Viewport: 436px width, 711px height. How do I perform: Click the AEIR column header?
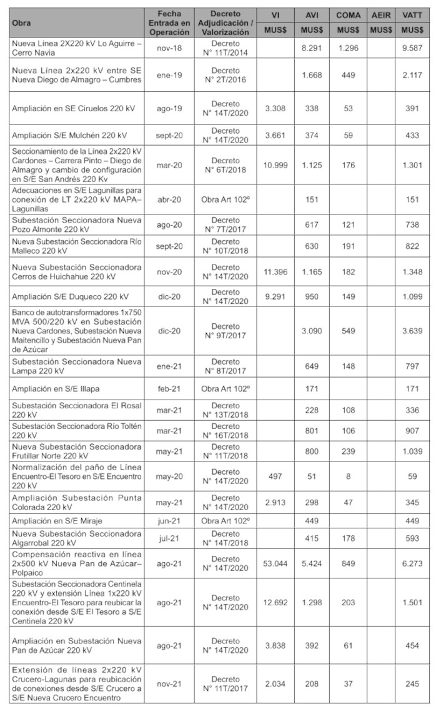click(x=380, y=15)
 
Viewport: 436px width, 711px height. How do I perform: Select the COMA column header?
click(x=347, y=15)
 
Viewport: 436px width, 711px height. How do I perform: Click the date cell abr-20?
click(x=169, y=199)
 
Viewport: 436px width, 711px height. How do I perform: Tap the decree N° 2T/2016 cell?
click(x=225, y=77)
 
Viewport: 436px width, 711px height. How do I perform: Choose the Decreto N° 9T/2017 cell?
click(x=225, y=331)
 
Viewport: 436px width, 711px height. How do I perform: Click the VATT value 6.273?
click(x=412, y=563)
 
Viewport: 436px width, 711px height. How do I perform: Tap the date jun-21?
click(x=169, y=521)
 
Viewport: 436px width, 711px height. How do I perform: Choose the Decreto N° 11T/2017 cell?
click(x=225, y=684)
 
